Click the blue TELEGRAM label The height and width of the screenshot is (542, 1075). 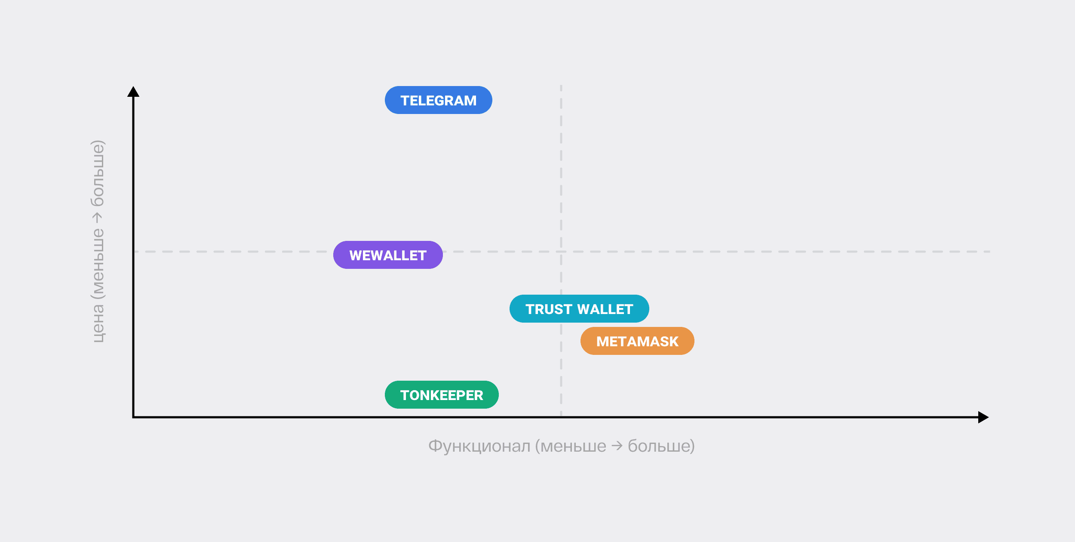438,100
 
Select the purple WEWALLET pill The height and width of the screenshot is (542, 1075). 388,255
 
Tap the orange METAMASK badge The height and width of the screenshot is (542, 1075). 637,341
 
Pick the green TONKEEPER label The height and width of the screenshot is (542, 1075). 442,395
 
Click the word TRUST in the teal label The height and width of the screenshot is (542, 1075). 549,309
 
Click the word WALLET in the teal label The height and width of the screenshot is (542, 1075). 605,309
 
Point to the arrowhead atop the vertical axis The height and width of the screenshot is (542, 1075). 133,92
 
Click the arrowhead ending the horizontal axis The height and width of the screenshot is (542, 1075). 983,417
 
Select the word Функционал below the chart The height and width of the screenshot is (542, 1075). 479,446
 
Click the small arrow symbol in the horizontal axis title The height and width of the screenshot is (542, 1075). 617,446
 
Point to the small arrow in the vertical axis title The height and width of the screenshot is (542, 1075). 98,218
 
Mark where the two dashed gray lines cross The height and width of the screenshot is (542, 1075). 561,252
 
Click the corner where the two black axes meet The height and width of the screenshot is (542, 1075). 134,417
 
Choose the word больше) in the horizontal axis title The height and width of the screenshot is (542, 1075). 661,446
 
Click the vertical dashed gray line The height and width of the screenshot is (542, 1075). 561,172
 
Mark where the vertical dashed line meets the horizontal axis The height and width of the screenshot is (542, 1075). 561,417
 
